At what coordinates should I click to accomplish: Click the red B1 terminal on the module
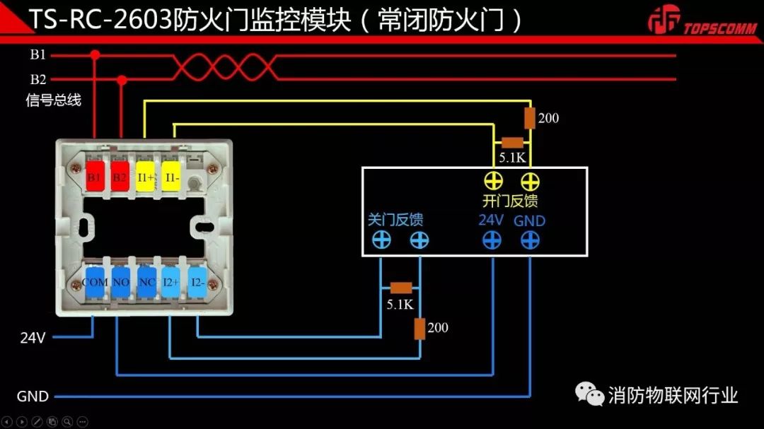coord(94,177)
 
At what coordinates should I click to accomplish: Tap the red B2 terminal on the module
coord(119,177)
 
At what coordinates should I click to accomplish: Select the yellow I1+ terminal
coord(145,177)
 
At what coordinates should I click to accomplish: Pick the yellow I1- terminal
coord(171,177)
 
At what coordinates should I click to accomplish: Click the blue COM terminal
coord(95,281)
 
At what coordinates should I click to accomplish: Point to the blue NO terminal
coord(121,281)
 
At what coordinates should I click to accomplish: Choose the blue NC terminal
coord(147,281)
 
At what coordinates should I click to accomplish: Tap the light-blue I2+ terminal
coord(171,281)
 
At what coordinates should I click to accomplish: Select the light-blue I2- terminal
coord(198,281)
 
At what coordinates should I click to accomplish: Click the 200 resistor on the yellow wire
coord(529,117)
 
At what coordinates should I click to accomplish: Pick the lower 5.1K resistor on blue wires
coord(401,288)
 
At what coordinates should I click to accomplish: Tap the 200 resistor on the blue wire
coord(419,329)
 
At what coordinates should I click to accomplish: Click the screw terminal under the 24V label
coord(492,240)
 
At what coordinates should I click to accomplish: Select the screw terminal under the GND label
coord(530,240)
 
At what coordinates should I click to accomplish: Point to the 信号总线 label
coord(54,100)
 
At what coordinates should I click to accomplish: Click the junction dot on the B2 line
coord(122,81)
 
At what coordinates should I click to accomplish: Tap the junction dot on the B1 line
coord(95,54)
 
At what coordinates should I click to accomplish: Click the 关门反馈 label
coord(395,219)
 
